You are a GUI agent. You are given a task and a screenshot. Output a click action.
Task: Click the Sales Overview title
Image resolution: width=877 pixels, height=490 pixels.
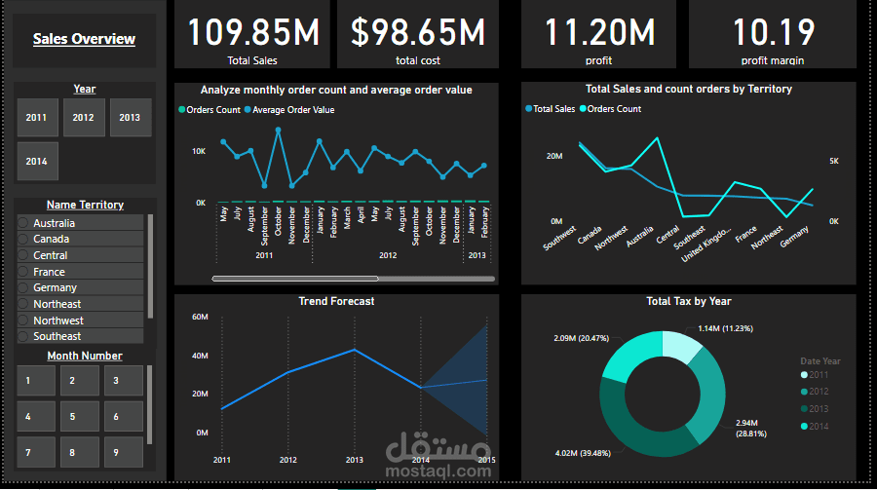pyautogui.click(x=84, y=40)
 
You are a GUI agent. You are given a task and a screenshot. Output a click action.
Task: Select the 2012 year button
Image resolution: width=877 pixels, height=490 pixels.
pyautogui.click(x=84, y=118)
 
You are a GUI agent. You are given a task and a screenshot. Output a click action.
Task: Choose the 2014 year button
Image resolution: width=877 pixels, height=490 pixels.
pyautogui.click(x=37, y=162)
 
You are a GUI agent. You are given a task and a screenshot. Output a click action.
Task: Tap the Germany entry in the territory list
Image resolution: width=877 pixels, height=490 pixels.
pyautogui.click(x=55, y=287)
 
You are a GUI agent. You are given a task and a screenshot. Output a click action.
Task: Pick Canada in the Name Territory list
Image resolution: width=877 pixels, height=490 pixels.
pyautogui.click(x=51, y=239)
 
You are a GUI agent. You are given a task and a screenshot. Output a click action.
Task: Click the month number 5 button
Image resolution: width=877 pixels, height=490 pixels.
pyautogui.click(x=72, y=417)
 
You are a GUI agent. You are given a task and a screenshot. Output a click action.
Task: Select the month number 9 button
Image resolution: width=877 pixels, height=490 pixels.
pyautogui.click(x=115, y=452)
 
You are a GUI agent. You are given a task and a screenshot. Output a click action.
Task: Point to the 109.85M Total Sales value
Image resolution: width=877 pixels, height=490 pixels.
pyautogui.click(x=252, y=33)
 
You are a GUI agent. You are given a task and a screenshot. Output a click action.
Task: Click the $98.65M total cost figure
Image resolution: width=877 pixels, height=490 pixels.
pyautogui.click(x=417, y=33)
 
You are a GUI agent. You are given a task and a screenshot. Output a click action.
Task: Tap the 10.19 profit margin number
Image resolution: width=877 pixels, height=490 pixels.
pyautogui.click(x=774, y=33)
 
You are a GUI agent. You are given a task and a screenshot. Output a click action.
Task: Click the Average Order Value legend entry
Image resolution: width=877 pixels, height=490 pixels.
pyautogui.click(x=292, y=110)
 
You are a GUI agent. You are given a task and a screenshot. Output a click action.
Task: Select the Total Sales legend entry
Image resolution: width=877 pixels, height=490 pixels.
pyautogui.click(x=554, y=109)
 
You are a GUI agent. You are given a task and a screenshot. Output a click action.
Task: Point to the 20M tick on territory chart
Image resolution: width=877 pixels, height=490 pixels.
pyautogui.click(x=553, y=156)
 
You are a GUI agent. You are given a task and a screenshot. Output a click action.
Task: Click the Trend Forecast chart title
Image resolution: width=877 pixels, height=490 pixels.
pyautogui.click(x=336, y=301)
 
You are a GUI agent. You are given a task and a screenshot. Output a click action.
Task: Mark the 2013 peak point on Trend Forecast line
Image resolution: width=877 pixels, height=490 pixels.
pyautogui.click(x=355, y=350)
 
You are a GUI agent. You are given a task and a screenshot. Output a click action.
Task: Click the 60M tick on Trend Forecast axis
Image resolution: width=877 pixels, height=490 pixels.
pyautogui.click(x=200, y=317)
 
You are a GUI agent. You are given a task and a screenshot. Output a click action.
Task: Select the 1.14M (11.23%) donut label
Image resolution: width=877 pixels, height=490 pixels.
pyautogui.click(x=726, y=328)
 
